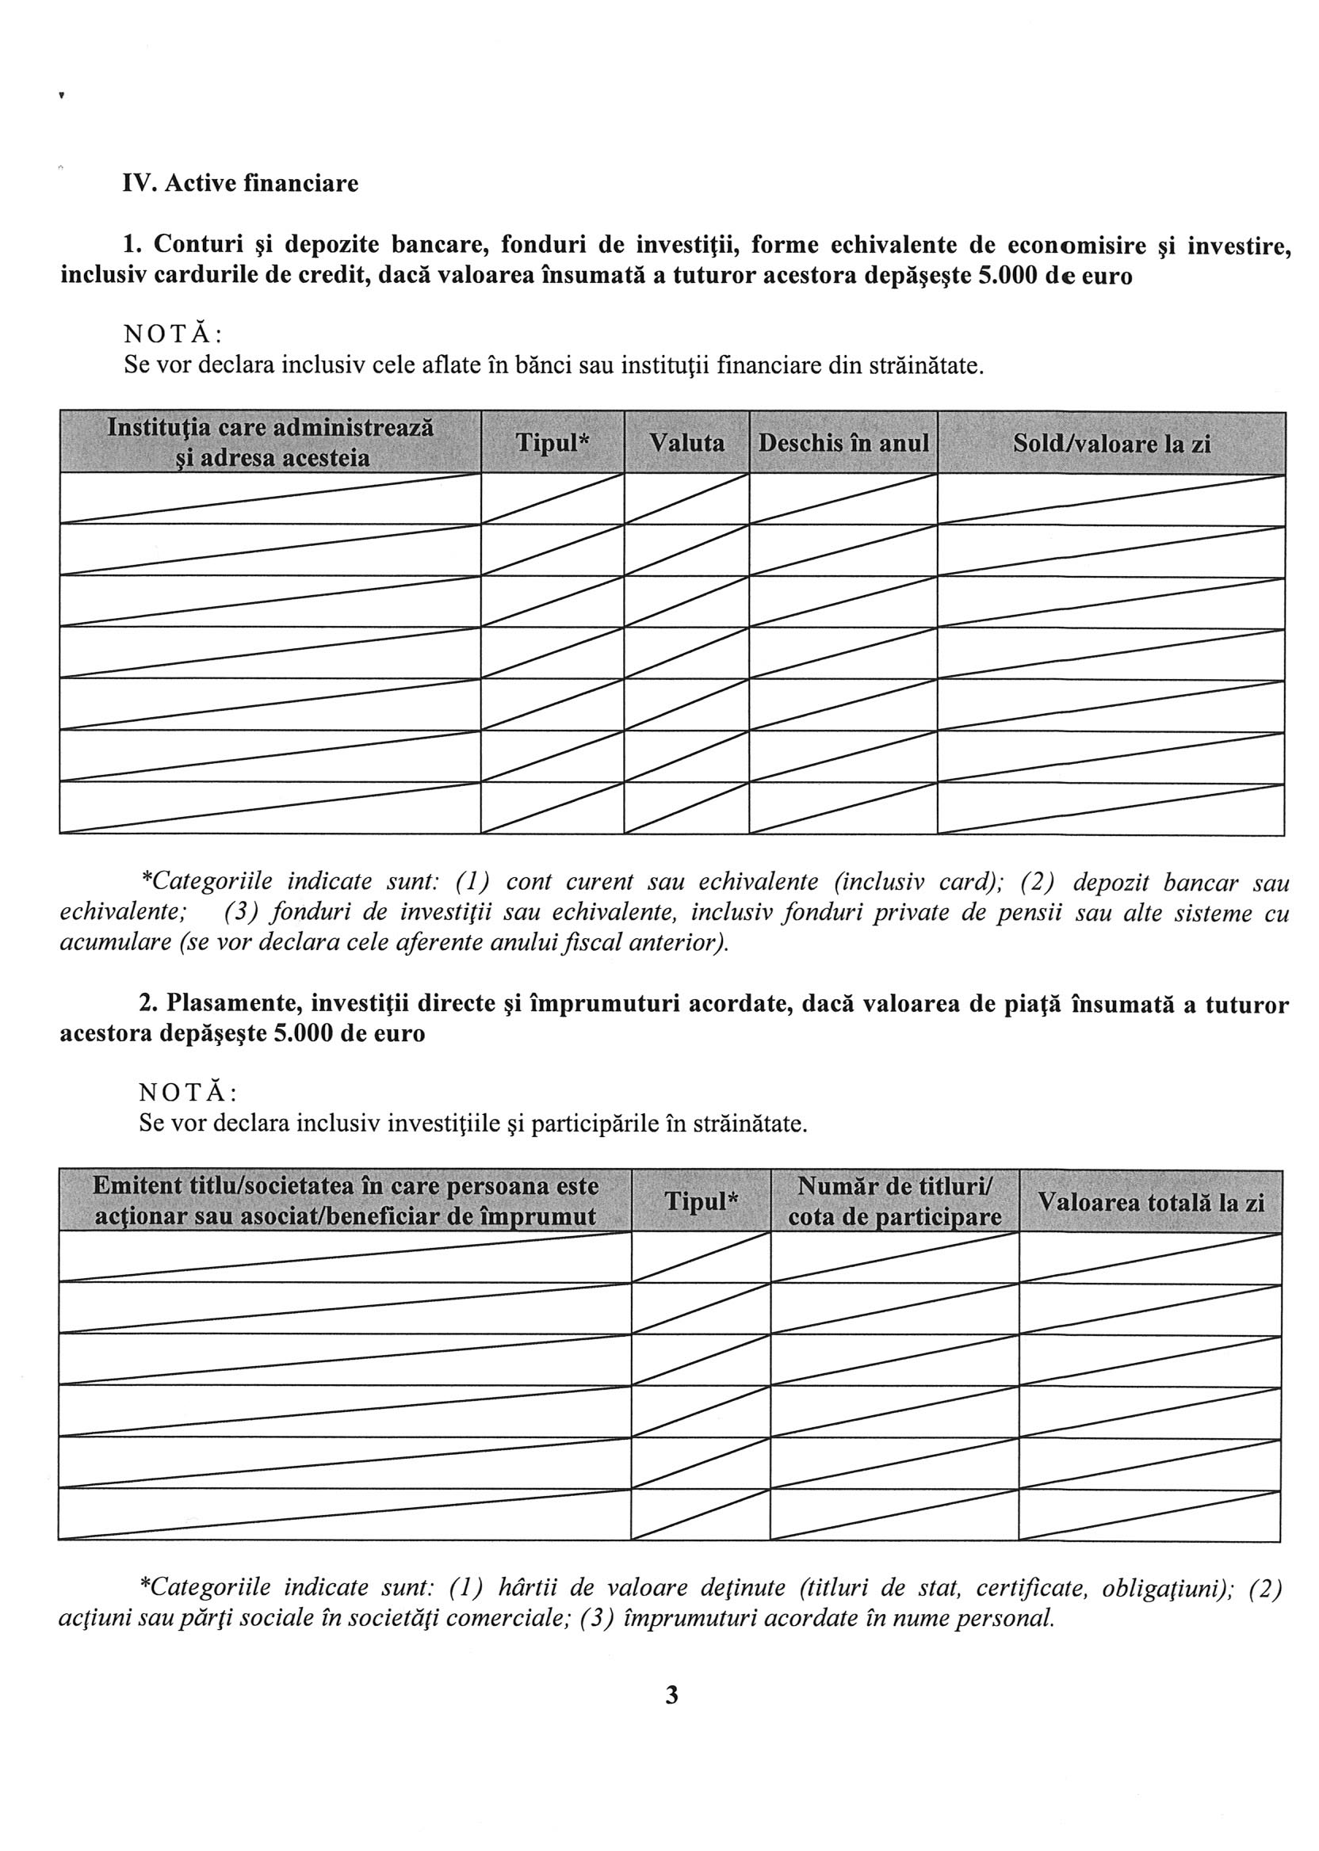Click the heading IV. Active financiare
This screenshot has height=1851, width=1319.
point(240,184)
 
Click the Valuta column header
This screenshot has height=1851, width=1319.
point(686,443)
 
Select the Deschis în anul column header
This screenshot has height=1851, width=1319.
point(843,443)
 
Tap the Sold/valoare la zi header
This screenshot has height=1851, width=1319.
point(1111,443)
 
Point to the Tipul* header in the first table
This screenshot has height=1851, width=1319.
point(552,443)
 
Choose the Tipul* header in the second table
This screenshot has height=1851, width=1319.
point(701,1201)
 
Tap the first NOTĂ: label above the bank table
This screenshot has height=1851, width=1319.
point(173,334)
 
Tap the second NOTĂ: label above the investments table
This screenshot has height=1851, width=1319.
point(189,1093)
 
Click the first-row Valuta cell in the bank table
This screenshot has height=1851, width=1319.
point(686,498)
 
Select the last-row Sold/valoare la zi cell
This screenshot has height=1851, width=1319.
point(1111,808)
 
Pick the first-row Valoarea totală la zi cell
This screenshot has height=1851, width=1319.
point(1150,1258)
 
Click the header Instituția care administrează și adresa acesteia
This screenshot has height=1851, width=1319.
point(270,443)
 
